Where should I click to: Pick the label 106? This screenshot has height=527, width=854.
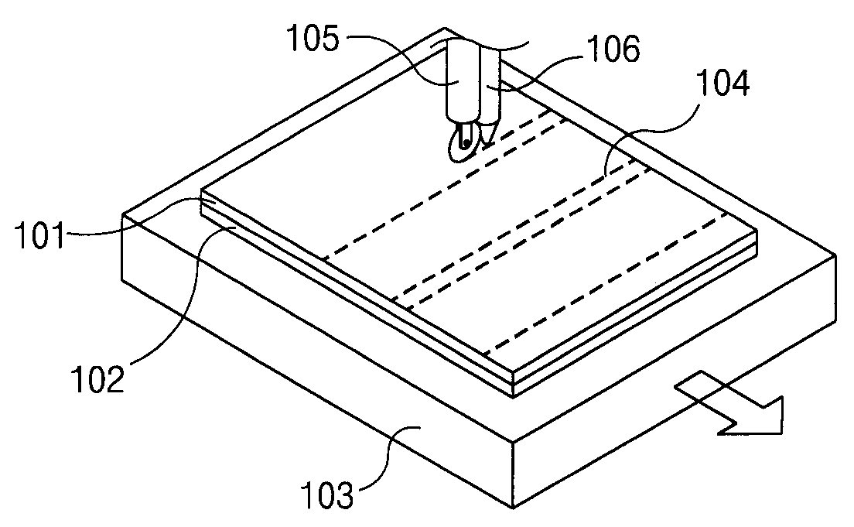610,52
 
